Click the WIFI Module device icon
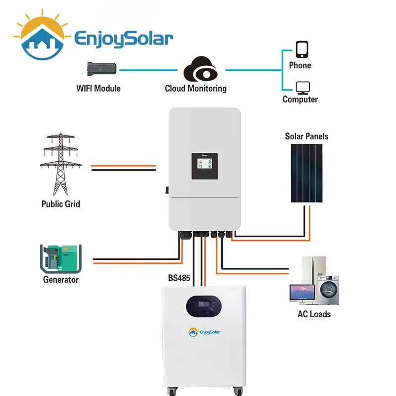(102, 69)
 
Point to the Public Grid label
(60, 204)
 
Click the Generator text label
(60, 280)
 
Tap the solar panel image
(306, 173)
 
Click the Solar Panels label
(306, 136)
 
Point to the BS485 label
(179, 278)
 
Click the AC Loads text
(314, 314)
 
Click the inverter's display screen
(205, 166)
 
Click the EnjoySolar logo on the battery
(204, 332)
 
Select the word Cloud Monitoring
(196, 89)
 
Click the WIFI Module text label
(99, 89)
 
